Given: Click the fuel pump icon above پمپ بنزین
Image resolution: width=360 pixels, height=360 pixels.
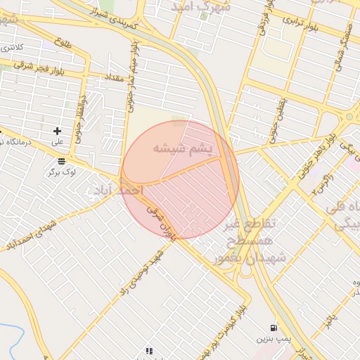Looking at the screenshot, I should pos(273,328).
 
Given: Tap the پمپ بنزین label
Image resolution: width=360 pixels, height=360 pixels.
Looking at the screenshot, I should pos(272,340).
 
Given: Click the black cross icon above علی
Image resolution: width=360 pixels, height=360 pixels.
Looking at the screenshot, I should pos(58,131).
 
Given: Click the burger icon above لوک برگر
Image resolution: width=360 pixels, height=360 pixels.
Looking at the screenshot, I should pos(62,161).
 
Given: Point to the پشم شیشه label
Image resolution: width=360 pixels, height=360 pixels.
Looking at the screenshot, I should pos(179,149).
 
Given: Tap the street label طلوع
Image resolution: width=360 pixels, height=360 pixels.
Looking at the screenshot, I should pos(63,42).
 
